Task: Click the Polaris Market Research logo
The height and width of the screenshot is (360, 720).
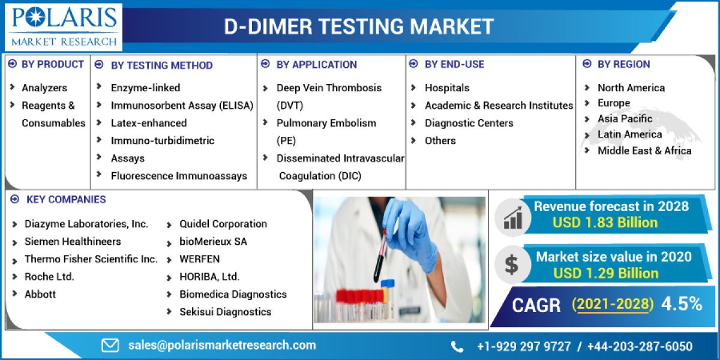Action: tap(64, 27)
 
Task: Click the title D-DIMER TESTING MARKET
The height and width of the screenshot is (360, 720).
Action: tap(359, 26)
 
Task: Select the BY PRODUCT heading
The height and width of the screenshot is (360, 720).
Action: tap(52, 64)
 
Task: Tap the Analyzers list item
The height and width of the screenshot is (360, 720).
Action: tap(44, 88)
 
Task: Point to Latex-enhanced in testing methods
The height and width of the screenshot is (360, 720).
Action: tap(149, 123)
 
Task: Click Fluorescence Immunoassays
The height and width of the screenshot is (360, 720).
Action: tap(179, 176)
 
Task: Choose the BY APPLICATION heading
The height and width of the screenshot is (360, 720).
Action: tap(317, 65)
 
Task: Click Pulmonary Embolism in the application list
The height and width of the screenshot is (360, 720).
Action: tap(326, 123)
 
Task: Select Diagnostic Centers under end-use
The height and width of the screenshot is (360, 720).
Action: tap(469, 123)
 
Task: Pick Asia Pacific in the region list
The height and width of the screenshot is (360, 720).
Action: tap(625, 119)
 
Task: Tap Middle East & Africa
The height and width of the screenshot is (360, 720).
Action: tap(644, 151)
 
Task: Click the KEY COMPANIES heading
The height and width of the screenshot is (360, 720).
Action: tap(66, 199)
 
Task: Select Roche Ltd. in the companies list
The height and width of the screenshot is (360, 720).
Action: tap(49, 277)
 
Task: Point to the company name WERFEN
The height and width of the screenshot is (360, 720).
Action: tap(200, 259)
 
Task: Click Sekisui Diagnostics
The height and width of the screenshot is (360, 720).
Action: tap(226, 312)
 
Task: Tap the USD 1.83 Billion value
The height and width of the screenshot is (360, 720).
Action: tap(605, 223)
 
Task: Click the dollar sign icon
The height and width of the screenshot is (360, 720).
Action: tap(511, 265)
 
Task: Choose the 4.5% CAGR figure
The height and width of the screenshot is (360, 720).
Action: tap(682, 304)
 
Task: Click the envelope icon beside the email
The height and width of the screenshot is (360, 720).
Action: tap(110, 346)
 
